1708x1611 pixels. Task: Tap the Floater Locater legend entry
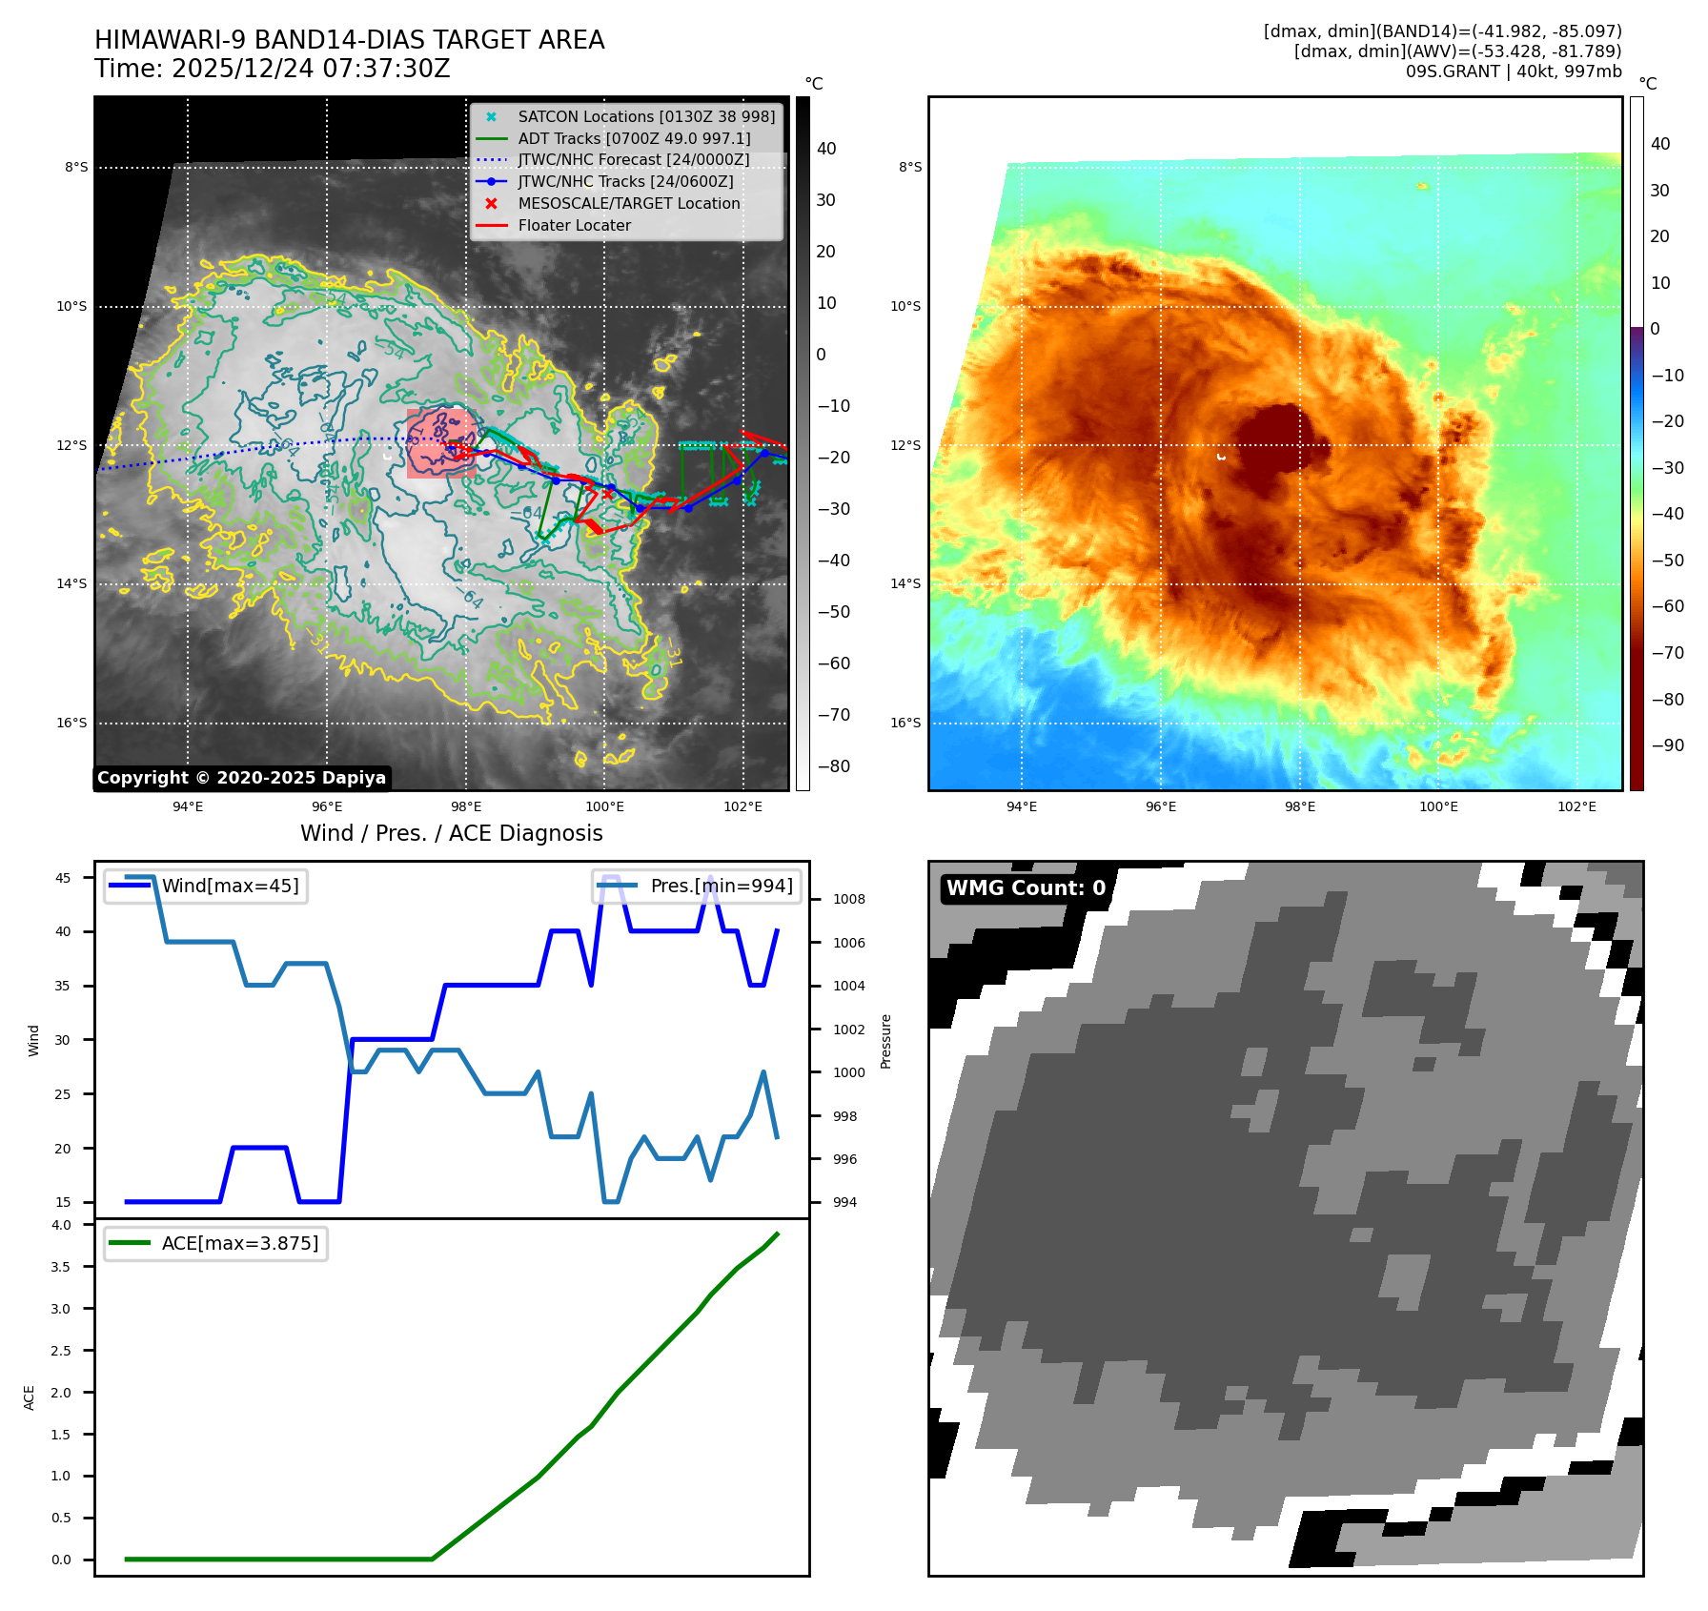(x=574, y=225)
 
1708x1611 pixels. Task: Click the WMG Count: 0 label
(x=1026, y=887)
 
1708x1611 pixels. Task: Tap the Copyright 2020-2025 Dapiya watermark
(x=241, y=778)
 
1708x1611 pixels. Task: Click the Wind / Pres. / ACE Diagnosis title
(x=451, y=833)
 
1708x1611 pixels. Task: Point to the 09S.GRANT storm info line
(x=1513, y=71)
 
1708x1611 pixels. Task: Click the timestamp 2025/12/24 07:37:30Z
(x=311, y=69)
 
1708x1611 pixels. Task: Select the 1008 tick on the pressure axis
(x=848, y=899)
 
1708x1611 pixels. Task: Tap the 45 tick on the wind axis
(x=63, y=878)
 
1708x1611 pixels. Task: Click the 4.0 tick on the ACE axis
(x=61, y=1225)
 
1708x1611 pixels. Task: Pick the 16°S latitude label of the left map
(x=71, y=723)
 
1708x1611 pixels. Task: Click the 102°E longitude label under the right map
(x=1576, y=806)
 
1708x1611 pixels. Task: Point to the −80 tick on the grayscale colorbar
(x=833, y=766)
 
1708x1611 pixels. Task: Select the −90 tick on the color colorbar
(x=1667, y=745)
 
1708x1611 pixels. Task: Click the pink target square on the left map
(x=440, y=443)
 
